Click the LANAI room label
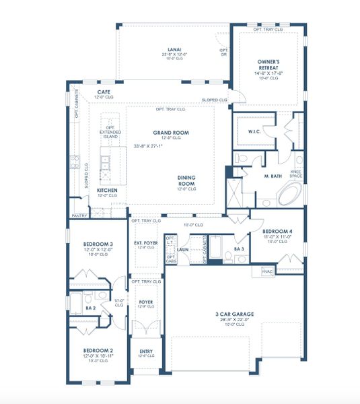172,49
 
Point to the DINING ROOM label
186,180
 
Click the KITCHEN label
89,191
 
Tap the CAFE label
104,92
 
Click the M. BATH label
272,175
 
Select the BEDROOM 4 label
275,232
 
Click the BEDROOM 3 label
97,244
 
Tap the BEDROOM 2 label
97,350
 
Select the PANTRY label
78,216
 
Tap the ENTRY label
146,351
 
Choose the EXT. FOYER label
145,243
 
